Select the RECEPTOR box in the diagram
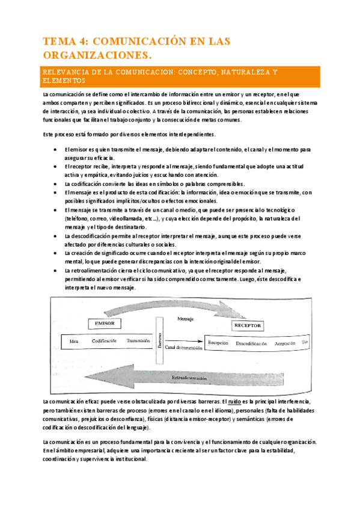246,326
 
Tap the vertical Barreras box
159,340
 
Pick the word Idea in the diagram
75,341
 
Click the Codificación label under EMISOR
104,341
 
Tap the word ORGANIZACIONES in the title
93,55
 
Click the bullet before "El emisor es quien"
55,149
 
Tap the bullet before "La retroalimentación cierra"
55,271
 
